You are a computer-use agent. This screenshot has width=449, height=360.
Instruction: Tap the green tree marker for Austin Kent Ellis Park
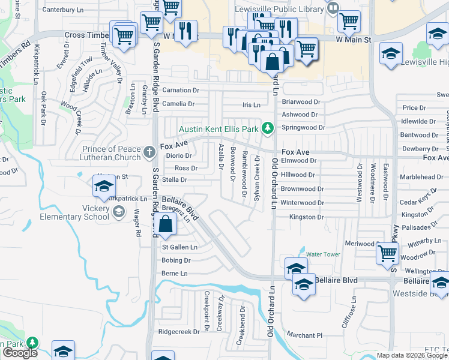(268, 128)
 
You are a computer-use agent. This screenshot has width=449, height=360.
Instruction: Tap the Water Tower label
(323, 254)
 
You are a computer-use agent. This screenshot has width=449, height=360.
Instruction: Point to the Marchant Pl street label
(304, 335)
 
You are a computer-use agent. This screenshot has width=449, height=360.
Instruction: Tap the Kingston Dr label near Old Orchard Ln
(306, 217)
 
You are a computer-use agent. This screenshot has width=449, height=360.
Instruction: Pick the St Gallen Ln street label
(180, 247)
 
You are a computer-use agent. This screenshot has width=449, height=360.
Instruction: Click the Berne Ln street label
(175, 274)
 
